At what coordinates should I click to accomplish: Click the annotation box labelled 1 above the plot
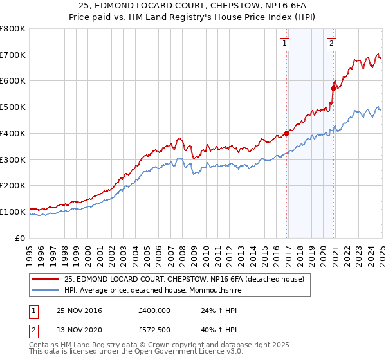click(284, 44)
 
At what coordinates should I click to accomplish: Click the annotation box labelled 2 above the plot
click(331, 44)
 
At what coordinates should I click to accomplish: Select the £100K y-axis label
click(14, 212)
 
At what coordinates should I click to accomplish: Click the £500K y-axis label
click(14, 107)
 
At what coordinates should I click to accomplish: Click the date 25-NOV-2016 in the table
click(80, 310)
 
